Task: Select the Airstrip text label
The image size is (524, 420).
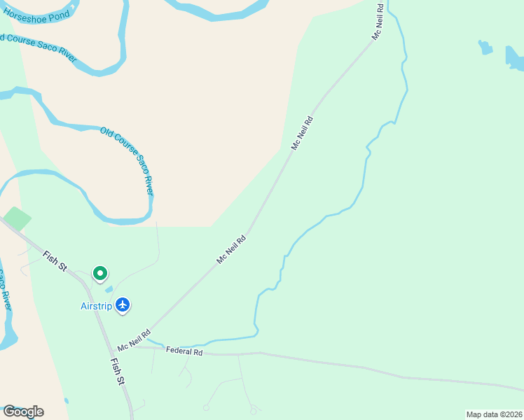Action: click(96, 305)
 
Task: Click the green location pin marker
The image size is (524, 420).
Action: click(100, 274)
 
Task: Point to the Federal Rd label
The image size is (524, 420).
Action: click(184, 351)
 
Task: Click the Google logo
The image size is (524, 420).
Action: click(23, 412)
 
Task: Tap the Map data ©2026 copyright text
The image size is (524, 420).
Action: click(494, 414)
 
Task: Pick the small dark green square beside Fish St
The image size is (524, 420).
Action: click(17, 218)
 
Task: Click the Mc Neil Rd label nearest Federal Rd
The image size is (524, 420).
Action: click(134, 341)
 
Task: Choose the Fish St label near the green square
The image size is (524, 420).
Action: click(54, 261)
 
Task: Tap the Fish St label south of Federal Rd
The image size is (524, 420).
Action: click(118, 372)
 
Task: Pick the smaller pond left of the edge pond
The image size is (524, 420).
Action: click(485, 48)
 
